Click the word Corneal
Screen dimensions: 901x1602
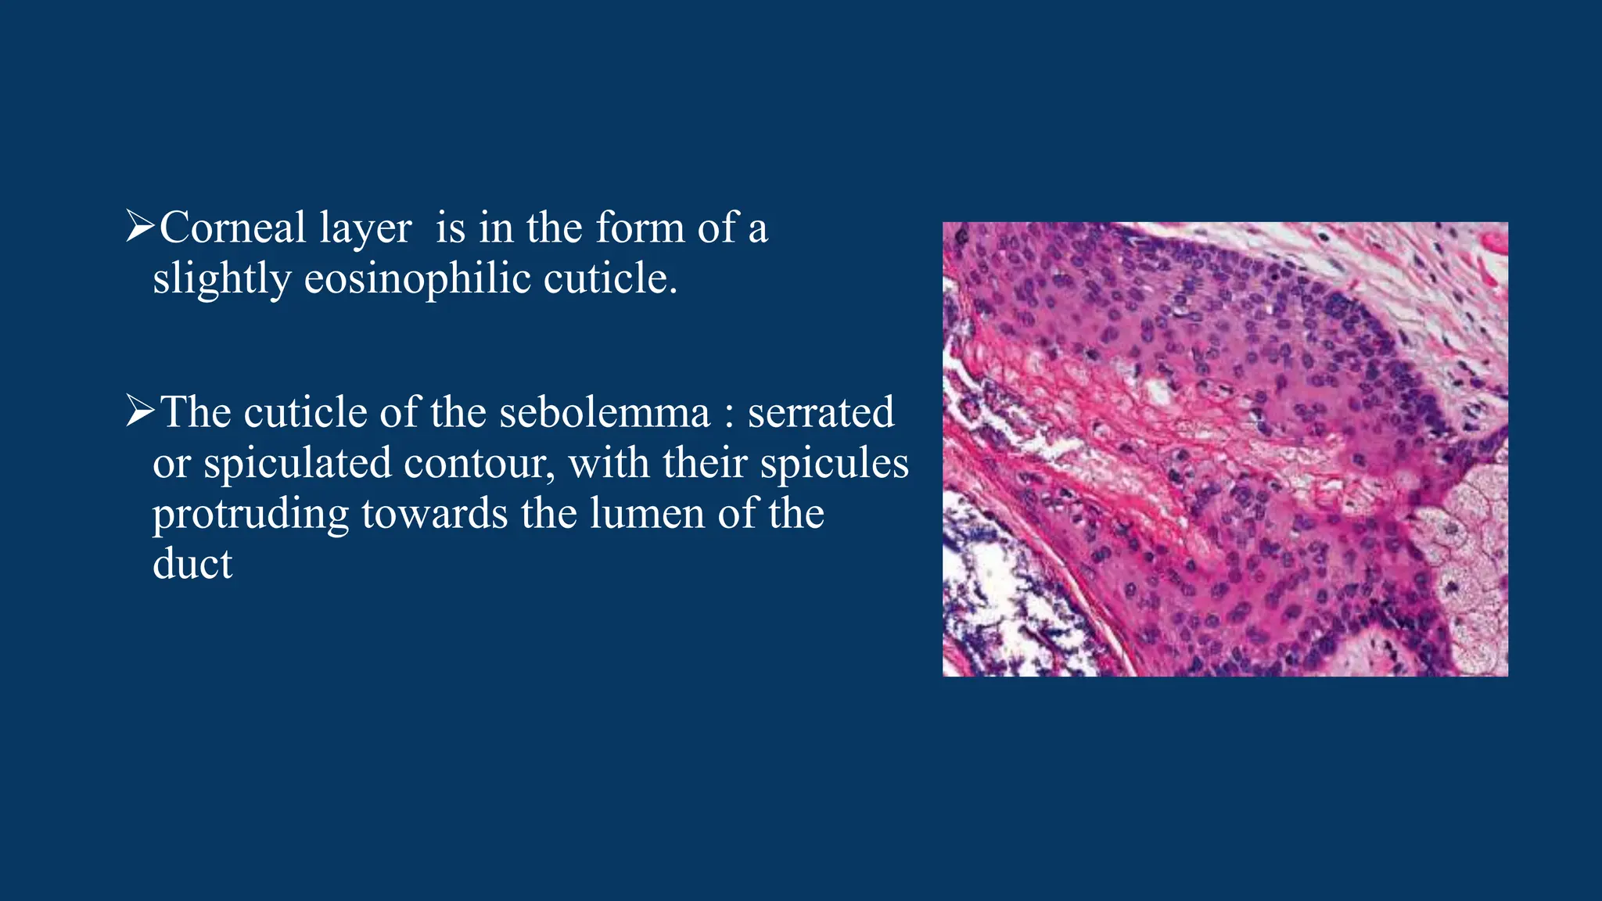[x=232, y=228]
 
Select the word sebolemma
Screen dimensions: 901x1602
[x=604, y=413]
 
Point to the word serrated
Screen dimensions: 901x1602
[x=821, y=413]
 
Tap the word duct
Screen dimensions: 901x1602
[x=192, y=564]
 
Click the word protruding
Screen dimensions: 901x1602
[x=250, y=515]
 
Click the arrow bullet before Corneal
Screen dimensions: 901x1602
[x=140, y=227]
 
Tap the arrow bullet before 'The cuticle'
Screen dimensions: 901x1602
[x=140, y=411]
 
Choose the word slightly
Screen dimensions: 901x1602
[x=221, y=279]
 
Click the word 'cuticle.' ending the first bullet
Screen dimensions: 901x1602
[x=610, y=279]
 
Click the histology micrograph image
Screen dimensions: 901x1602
[x=1225, y=449]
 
